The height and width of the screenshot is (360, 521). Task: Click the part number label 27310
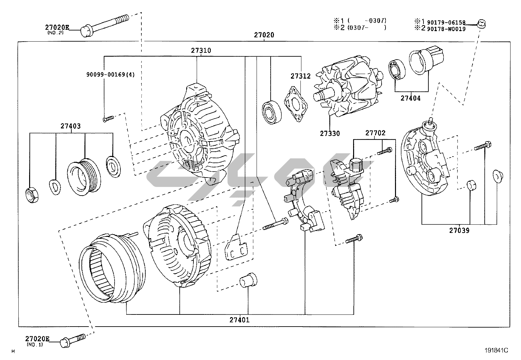click(201, 50)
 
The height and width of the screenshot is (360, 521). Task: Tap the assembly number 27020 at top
click(264, 35)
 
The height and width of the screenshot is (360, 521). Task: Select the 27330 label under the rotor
click(330, 133)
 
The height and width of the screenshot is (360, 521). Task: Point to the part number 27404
click(410, 98)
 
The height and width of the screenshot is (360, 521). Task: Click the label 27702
click(375, 133)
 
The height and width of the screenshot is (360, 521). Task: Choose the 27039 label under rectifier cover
click(459, 230)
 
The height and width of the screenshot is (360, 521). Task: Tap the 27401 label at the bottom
click(239, 320)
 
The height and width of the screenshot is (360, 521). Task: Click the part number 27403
click(70, 126)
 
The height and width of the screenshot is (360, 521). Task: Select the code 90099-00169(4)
click(110, 74)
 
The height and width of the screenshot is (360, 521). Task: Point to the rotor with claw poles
click(347, 87)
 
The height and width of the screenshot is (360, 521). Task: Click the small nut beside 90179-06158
click(481, 23)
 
